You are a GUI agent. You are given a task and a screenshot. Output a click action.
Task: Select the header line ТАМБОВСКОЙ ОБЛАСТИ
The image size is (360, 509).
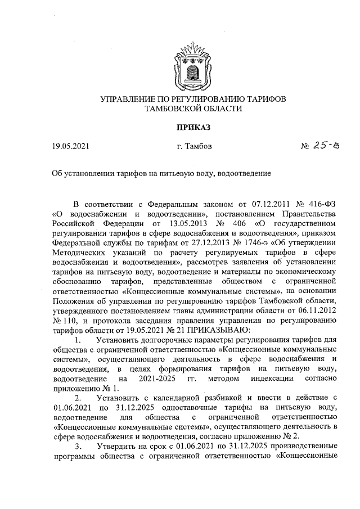click(193, 109)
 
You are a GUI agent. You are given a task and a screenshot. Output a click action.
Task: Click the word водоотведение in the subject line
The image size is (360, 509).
click(245, 173)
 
